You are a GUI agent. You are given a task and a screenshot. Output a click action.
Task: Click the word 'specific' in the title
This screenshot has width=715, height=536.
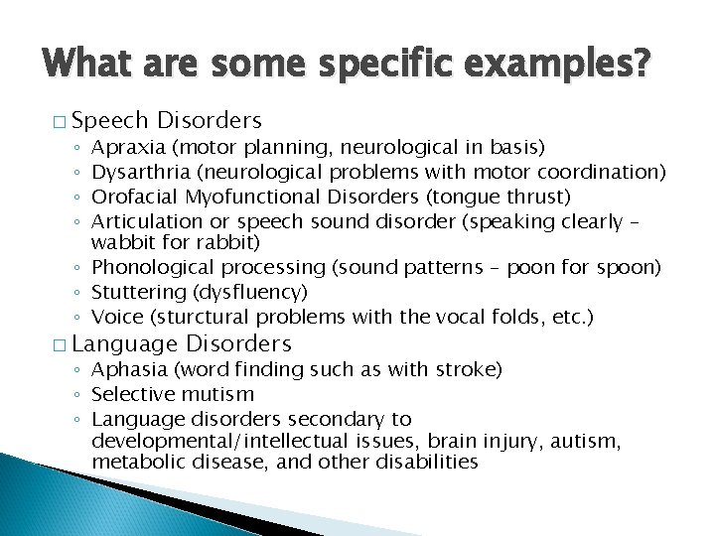364,66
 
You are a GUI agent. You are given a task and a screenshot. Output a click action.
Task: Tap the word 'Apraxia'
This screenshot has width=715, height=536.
128,148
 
